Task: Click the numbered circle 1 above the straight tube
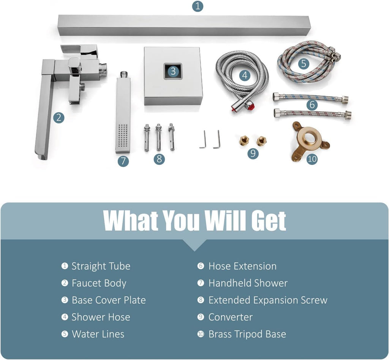click(198, 6)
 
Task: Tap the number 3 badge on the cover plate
click(173, 71)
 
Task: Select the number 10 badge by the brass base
click(312, 159)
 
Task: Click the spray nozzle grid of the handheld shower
click(123, 136)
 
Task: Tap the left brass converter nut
click(244, 141)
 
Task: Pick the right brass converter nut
click(261, 141)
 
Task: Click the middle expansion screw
click(158, 137)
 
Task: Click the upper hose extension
click(310, 98)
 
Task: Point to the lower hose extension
click(313, 114)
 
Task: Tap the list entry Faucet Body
click(99, 283)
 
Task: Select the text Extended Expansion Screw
click(268, 300)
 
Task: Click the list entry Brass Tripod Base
click(247, 334)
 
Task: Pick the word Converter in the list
click(231, 317)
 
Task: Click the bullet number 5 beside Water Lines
click(65, 334)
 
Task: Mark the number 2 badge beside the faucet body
click(59, 117)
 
